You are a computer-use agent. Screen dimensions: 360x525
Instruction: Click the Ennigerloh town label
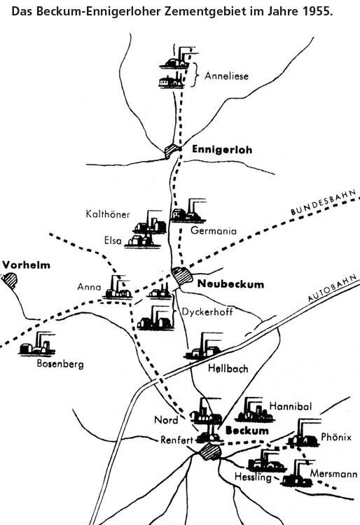[222, 149]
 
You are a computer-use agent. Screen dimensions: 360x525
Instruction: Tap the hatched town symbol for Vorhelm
[9, 279]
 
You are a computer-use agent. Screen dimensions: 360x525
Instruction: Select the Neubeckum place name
[230, 284]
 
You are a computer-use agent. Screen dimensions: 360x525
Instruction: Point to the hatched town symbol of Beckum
[210, 452]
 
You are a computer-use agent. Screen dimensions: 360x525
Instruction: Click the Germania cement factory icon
[188, 211]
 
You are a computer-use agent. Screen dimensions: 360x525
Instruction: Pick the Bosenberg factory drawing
[37, 344]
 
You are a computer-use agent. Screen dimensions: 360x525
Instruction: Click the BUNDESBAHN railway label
[323, 202]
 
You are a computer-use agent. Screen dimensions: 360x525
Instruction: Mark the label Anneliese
[227, 76]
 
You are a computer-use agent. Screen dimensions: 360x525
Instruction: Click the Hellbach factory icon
[203, 346]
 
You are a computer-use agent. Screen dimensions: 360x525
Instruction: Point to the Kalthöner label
[108, 214]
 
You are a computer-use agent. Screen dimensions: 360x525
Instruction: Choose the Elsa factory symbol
[142, 241]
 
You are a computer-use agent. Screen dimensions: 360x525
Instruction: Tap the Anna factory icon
[118, 287]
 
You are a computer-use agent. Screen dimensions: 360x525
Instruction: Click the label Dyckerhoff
[207, 311]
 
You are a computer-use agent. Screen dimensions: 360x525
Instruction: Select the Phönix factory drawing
[305, 433]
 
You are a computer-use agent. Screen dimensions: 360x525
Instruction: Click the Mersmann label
[333, 474]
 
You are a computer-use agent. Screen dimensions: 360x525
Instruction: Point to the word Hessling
[253, 477]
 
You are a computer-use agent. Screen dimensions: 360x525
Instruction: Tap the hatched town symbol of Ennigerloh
[172, 150]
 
